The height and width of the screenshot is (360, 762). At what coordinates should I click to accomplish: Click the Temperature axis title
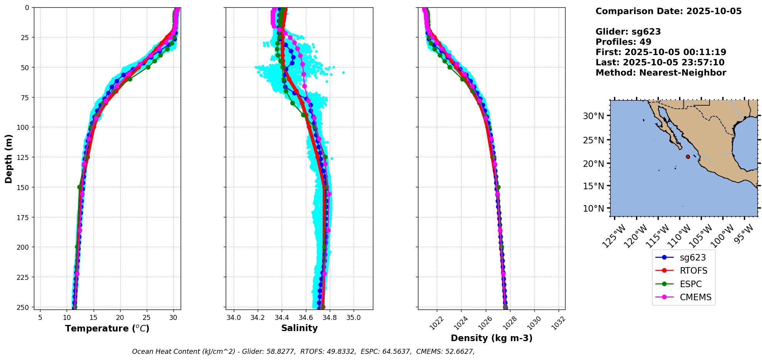point(107,328)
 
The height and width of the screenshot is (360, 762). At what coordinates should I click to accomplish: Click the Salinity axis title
point(299,328)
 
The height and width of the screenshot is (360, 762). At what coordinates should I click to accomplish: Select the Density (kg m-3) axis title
point(492,338)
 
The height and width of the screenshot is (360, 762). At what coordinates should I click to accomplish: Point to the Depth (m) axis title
point(9,158)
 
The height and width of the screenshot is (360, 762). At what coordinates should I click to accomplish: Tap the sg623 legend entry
point(692,257)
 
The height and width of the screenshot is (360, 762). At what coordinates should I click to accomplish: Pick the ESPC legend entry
point(690,284)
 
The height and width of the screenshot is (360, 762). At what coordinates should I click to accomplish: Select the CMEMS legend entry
point(695,297)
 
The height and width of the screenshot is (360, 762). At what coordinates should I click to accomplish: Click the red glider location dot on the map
point(688,156)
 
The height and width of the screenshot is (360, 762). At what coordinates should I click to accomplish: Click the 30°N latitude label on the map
point(593,116)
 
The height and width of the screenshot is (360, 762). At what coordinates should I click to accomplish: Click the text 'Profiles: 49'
point(623,42)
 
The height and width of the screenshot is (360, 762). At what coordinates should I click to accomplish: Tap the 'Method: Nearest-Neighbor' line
point(661,72)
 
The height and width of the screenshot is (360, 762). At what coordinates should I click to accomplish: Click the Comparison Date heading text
point(668,11)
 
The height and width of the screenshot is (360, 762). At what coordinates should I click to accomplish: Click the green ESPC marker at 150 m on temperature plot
point(80,187)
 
